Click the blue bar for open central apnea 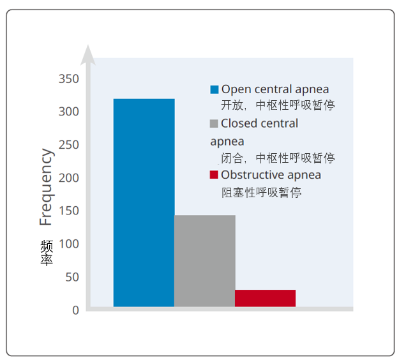point(144,202)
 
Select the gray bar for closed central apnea point(205,261)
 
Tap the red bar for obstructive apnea point(265,298)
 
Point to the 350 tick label point(69,79)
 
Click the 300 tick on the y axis point(69,112)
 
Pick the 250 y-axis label point(69,145)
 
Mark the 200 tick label point(69,178)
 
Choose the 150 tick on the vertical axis point(69,211)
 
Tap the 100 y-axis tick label point(69,244)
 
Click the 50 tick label point(72,277)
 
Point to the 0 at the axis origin point(75,310)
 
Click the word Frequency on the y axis point(47,187)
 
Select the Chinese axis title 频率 point(47,253)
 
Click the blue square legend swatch point(215,89)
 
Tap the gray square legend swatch point(214,124)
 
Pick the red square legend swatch point(214,175)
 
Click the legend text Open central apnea point(275,89)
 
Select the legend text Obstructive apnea point(271,175)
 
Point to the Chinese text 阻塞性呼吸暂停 point(261,192)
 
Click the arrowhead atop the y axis point(88,55)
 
